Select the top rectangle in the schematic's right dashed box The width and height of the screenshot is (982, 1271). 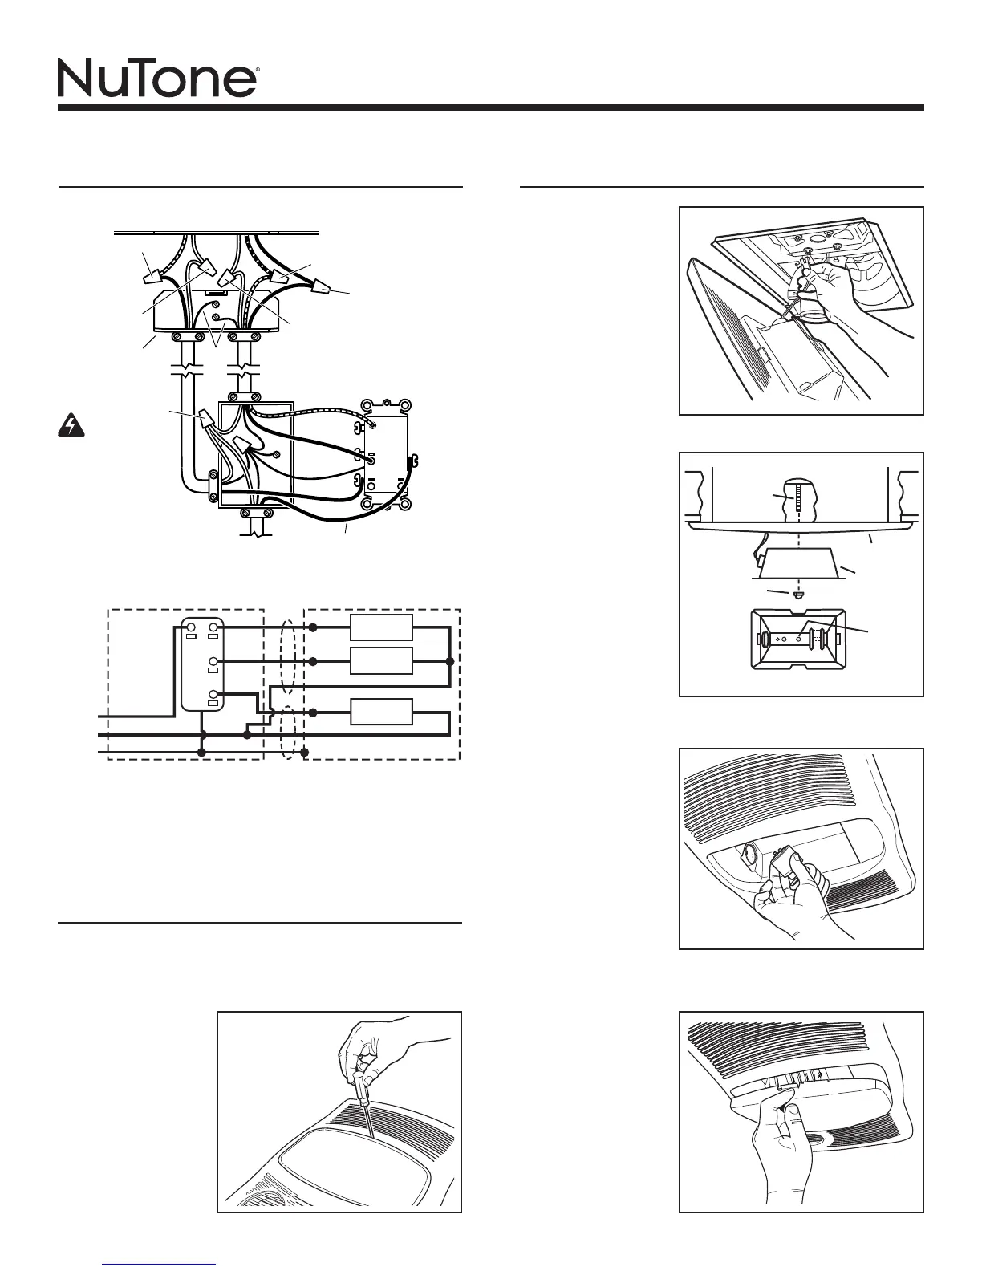(382, 627)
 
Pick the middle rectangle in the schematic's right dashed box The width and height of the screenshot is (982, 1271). (382, 661)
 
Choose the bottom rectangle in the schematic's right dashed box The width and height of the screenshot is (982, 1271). (382, 712)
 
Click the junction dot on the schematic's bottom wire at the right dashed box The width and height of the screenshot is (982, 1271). (305, 752)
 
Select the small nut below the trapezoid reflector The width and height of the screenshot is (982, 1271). (797, 596)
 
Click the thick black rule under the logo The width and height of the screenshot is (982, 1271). (490, 108)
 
